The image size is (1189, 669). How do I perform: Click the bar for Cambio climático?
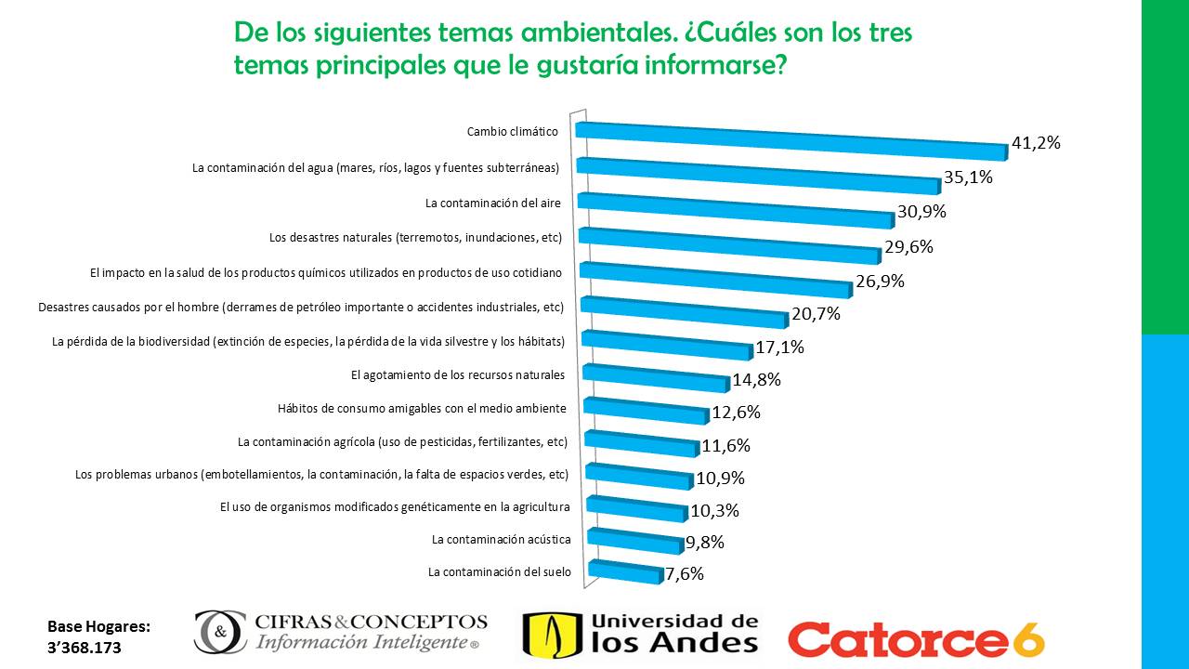point(790,139)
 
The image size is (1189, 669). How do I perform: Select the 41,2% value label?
point(1036,143)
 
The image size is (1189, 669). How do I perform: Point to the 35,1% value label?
point(969,177)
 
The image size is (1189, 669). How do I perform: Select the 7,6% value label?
point(685,574)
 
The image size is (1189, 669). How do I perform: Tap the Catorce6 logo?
point(916,638)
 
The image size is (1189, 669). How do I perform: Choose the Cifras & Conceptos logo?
point(340,632)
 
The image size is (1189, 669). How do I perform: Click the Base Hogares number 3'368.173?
point(85,647)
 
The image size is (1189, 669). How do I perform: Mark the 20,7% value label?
point(816,314)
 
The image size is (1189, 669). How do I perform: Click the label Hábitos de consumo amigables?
point(422,409)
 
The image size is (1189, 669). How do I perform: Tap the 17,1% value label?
point(779,348)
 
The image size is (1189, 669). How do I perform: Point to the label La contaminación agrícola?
point(402,441)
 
